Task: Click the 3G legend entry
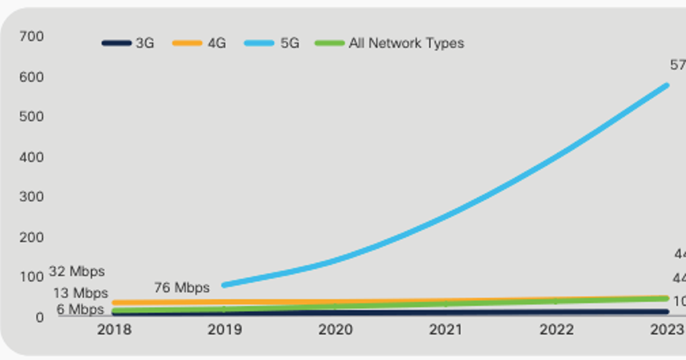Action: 129,43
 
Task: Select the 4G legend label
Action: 200,43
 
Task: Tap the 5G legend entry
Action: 272,43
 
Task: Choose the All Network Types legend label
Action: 390,43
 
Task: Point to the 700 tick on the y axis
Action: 31,37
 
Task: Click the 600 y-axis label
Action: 31,77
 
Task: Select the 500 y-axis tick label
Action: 31,117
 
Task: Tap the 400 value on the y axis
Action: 31,157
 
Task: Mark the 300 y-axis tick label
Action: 31,197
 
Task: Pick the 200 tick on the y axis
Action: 31,237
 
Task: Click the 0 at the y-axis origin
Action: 39,318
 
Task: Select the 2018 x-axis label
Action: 114,330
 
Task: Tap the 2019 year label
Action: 225,330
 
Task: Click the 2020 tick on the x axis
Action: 336,330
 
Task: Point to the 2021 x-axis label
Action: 446,330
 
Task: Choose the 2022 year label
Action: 557,330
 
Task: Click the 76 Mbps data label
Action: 182,287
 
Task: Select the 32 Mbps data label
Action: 77,271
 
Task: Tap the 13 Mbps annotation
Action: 81,293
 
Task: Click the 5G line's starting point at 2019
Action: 224,285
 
